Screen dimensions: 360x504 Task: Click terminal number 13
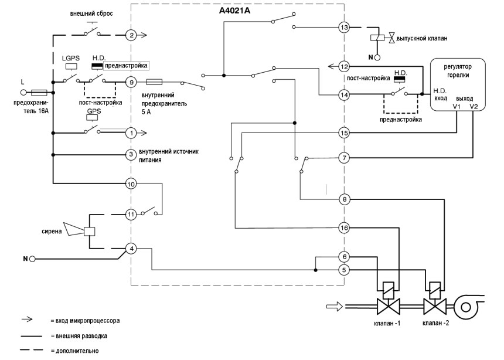pyautogui.click(x=344, y=27)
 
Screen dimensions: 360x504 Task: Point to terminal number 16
pyautogui.click(x=344, y=227)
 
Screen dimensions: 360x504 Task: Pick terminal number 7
pyautogui.click(x=344, y=157)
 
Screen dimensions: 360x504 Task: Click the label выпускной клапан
pyautogui.click(x=421, y=38)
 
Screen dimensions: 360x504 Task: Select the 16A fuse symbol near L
pyautogui.click(x=39, y=92)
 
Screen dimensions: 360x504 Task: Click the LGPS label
pyautogui.click(x=70, y=59)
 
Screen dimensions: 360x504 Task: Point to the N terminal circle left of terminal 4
pyautogui.click(x=33, y=259)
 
